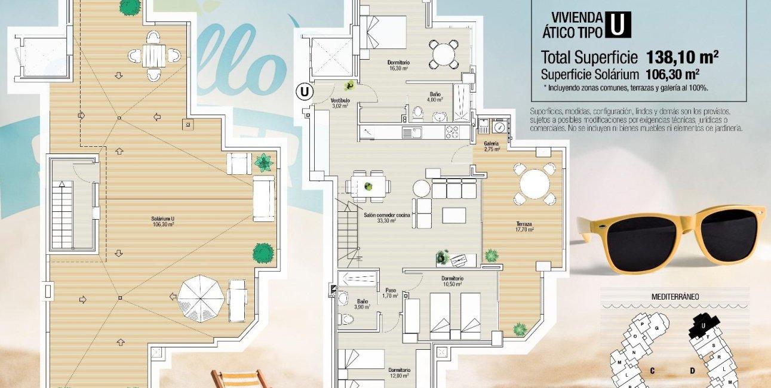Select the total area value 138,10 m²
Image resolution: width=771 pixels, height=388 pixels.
[x=682, y=57]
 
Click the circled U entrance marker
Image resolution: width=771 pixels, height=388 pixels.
[x=305, y=92]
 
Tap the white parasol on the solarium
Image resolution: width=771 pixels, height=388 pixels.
[x=201, y=297]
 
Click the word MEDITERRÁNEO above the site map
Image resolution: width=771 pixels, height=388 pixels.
[x=675, y=296]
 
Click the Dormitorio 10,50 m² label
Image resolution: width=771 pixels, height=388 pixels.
[x=453, y=281]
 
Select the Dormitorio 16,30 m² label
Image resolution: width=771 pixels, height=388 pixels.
[x=398, y=64]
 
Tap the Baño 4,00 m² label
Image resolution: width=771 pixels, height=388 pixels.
[x=435, y=97]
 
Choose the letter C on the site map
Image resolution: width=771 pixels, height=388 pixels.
[x=652, y=371]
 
